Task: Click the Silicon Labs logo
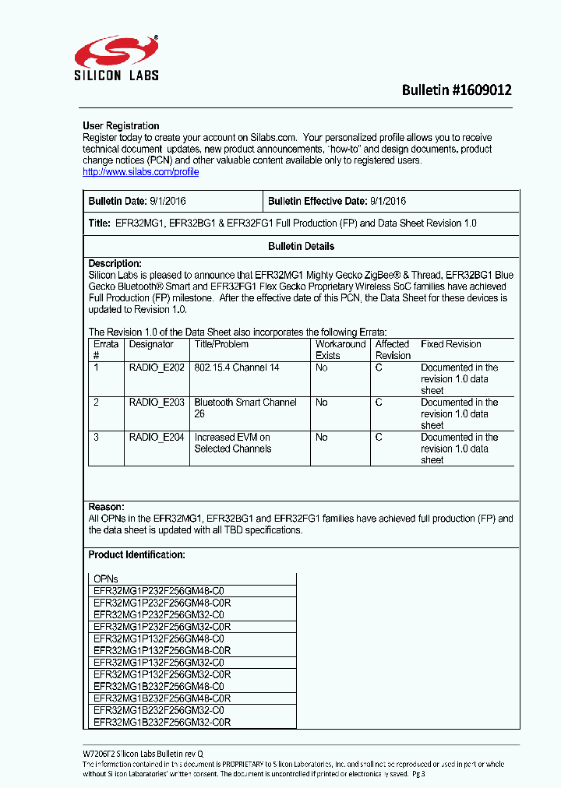(116, 59)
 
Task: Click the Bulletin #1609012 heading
(457, 90)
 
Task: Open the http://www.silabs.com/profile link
(140, 172)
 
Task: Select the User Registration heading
(121, 126)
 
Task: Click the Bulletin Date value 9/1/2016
(168, 201)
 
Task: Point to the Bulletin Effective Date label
(317, 201)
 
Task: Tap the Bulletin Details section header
(301, 246)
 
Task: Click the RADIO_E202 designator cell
(157, 368)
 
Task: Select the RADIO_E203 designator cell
(157, 403)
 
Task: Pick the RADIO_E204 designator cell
(157, 438)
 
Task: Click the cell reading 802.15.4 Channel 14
(236, 368)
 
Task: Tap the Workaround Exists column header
(340, 350)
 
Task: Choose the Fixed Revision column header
(450, 344)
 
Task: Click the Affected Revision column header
(393, 350)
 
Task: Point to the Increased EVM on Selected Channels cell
(232, 443)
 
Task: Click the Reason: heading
(106, 507)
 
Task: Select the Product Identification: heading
(136, 555)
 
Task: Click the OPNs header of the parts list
(106, 579)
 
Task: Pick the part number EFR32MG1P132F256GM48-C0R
(162, 650)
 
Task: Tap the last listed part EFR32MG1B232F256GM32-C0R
(162, 722)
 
